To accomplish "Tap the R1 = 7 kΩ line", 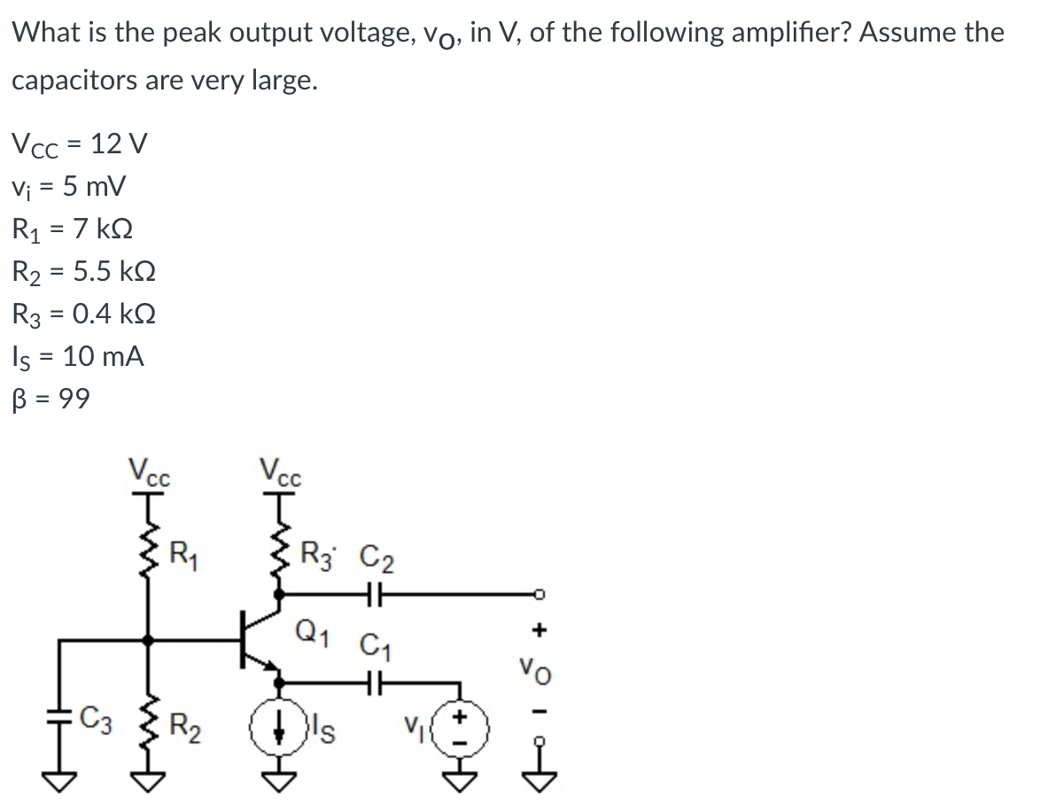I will coord(72,229).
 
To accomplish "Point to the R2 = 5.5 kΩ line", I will coord(84,271).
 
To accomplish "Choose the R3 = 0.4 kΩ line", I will coord(84,314).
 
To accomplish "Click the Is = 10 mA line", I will coord(78,357).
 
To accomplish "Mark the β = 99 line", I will coord(50,400).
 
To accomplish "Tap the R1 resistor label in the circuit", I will coord(183,559).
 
